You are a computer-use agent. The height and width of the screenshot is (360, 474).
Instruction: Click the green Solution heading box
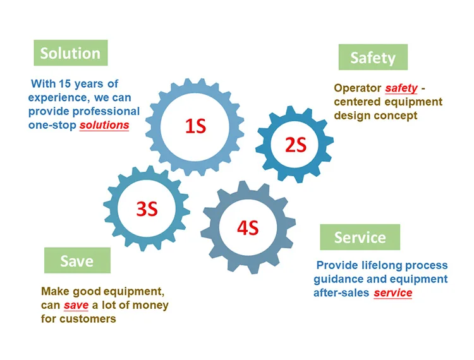click(x=70, y=53)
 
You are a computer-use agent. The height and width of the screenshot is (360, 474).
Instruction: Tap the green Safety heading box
click(x=373, y=57)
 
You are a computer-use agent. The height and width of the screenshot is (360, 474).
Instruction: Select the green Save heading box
click(x=77, y=260)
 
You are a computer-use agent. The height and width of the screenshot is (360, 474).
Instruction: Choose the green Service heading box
click(x=360, y=237)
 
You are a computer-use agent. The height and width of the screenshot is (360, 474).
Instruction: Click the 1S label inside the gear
click(x=195, y=126)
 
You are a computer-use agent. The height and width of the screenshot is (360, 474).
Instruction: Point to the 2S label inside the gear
click(x=295, y=146)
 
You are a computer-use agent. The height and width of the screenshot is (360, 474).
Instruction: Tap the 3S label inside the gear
click(x=147, y=208)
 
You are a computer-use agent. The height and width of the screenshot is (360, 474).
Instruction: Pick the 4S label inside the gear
click(x=248, y=227)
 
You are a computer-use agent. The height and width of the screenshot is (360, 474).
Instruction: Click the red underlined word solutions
click(x=104, y=125)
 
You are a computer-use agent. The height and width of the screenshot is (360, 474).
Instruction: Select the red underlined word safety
click(x=401, y=88)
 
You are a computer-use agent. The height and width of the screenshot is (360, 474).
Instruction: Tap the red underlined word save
click(x=76, y=306)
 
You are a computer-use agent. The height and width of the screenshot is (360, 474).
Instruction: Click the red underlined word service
click(x=392, y=293)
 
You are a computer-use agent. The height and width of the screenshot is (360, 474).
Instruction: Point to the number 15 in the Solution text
click(x=65, y=83)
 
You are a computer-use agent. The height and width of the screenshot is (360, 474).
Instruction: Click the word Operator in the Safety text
click(x=357, y=88)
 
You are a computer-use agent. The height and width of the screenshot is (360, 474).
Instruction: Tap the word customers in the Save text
click(x=88, y=319)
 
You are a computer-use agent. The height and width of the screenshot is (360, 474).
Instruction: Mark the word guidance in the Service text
click(x=338, y=279)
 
